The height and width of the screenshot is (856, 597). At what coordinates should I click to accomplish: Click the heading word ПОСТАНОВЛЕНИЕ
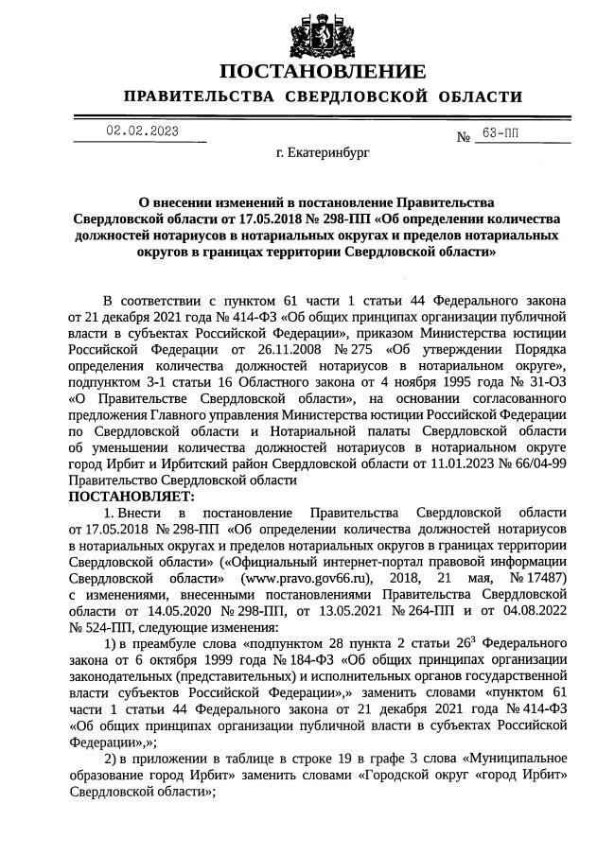click(323, 73)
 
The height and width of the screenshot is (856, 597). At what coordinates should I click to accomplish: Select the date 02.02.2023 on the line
click(141, 132)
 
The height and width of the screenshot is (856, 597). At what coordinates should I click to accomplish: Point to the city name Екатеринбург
click(323, 151)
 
